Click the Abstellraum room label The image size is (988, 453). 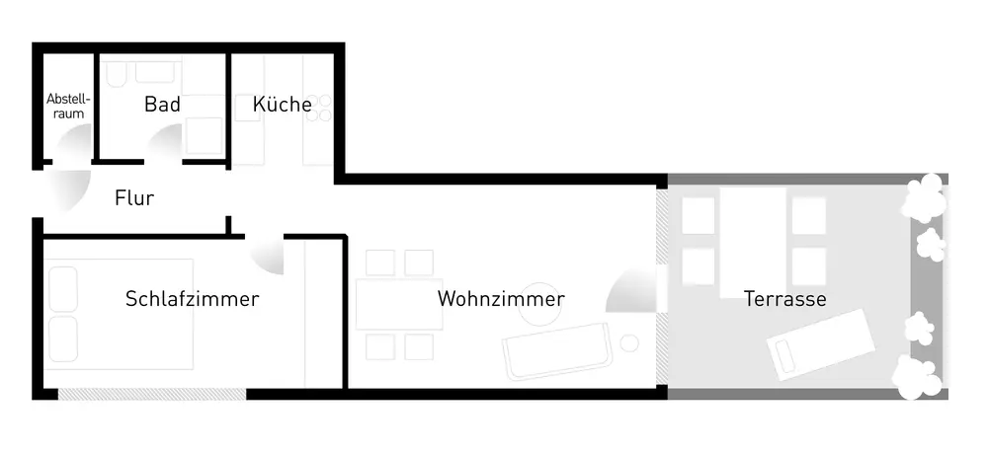(68, 107)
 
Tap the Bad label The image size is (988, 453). (162, 105)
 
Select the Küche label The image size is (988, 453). (283, 104)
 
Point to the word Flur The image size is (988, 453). (134, 198)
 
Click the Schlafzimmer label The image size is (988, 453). (193, 298)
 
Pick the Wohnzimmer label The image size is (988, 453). (501, 298)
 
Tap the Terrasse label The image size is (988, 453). (785, 298)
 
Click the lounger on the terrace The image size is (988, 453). (821, 343)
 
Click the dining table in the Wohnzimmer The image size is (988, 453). (399, 304)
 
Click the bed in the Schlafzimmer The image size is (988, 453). (119, 314)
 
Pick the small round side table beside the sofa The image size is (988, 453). (629, 342)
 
